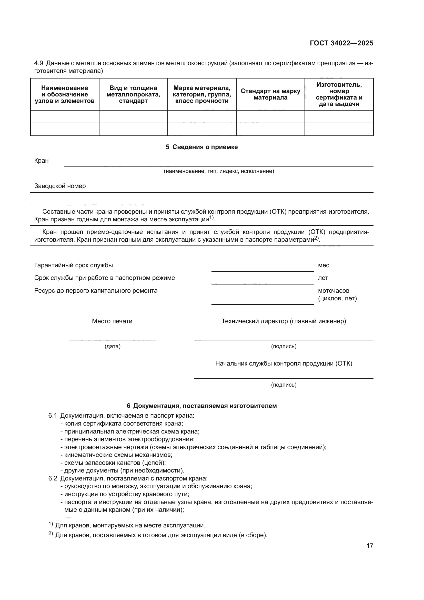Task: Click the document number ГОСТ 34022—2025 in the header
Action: tap(341, 43)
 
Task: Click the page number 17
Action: tap(370, 546)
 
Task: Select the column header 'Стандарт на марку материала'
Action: tap(270, 94)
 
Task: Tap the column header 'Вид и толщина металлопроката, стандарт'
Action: tap(133, 94)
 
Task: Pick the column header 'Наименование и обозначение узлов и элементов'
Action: tap(65, 94)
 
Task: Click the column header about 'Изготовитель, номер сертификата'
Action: tap(339, 94)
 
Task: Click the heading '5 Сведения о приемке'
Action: tap(201, 147)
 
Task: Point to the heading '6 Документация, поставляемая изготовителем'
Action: tap(201, 406)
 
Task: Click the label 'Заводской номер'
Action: tap(60, 186)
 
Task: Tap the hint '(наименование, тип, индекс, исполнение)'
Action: tap(219, 171)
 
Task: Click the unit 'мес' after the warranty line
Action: tap(324, 265)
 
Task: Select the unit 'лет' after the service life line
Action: tap(323, 278)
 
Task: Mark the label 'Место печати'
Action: tap(112, 321)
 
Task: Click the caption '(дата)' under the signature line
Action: tap(113, 347)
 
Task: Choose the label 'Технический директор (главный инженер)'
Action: tap(284, 321)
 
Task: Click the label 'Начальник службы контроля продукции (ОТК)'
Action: tap(284, 363)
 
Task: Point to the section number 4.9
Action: tap(39, 63)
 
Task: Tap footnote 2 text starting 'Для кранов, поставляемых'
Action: tap(161, 535)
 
